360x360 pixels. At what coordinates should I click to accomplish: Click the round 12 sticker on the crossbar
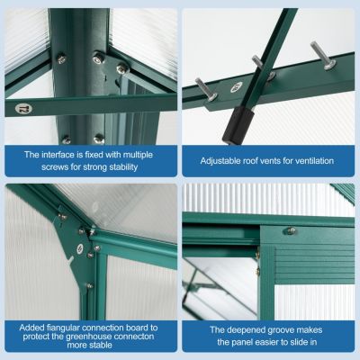pyautogui.click(x=19, y=108)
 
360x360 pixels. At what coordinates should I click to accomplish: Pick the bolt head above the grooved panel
pyautogui.click(x=290, y=230)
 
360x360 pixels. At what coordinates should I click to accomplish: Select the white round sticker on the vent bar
pyautogui.click(x=237, y=87)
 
